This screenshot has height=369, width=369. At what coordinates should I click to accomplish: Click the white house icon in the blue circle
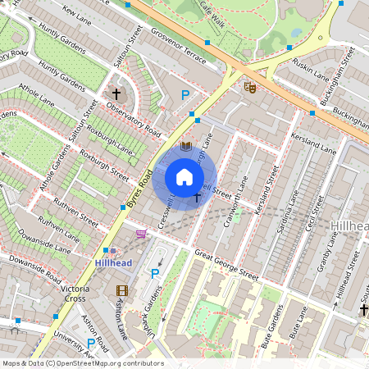tap(184, 177)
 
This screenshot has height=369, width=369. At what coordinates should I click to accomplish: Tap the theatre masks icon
tap(249, 85)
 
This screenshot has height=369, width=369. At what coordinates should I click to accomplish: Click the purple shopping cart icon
tap(141, 235)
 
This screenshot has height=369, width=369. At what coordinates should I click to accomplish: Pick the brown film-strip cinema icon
tap(122, 291)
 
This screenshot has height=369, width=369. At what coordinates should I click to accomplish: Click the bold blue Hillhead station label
tap(112, 263)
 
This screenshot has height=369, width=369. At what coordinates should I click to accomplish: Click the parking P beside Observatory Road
tap(185, 96)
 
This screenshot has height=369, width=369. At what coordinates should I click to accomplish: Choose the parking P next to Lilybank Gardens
tap(153, 273)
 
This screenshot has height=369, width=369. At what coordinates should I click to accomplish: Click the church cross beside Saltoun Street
tap(116, 94)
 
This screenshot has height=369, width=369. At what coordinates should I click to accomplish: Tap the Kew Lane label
tap(77, 16)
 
